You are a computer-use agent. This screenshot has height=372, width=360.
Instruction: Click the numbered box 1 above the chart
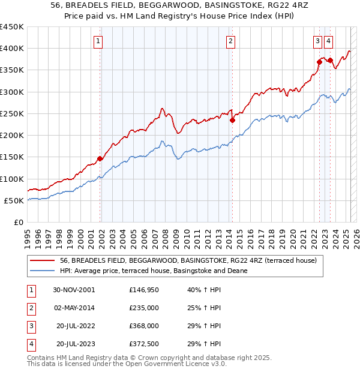click(x=98, y=41)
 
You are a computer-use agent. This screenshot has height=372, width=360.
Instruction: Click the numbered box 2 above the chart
click(x=230, y=41)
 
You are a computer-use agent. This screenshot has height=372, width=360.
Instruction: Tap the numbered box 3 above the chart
click(x=317, y=41)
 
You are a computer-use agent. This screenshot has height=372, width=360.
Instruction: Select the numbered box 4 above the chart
click(x=329, y=41)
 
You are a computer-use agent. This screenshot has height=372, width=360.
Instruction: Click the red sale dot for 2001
click(x=100, y=158)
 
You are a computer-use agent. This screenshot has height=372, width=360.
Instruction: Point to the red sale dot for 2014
click(x=232, y=120)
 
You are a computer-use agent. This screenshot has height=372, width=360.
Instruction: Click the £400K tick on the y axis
click(x=12, y=49)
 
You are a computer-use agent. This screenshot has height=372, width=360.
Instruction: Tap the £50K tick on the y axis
click(x=14, y=201)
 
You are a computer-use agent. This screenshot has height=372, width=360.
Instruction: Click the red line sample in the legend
click(x=43, y=260)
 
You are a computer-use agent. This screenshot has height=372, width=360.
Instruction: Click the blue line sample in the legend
click(x=43, y=271)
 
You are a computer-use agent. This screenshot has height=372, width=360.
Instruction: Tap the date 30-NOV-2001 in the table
click(x=74, y=290)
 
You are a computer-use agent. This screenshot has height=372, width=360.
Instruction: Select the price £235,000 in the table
click(x=144, y=308)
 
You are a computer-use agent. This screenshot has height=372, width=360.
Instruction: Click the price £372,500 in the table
click(x=144, y=344)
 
